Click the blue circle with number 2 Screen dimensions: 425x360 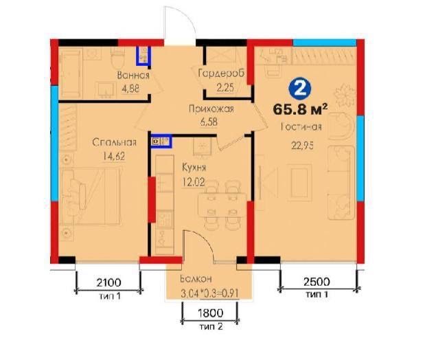[300, 89]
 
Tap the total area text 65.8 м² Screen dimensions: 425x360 [300, 110]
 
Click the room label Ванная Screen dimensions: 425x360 [133, 75]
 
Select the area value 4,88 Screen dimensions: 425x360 [130, 89]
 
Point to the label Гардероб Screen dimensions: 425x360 [221, 74]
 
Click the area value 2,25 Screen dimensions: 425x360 [225, 87]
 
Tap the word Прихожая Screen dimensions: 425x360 [211, 109]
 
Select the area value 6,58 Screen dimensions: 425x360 [209, 122]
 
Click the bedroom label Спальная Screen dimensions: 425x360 [114, 142]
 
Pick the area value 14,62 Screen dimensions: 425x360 [114, 156]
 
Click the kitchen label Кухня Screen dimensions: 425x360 [194, 168]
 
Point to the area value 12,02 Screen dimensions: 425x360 [194, 181]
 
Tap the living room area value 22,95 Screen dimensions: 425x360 [302, 146]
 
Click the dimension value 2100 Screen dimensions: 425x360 [108, 282]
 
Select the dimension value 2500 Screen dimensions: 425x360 [317, 282]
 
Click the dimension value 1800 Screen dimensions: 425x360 [211, 313]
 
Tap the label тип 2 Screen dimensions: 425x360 [211, 326]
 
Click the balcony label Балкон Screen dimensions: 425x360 [196, 279]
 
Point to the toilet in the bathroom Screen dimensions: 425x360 [118, 59]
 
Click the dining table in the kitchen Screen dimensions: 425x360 [222, 205]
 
